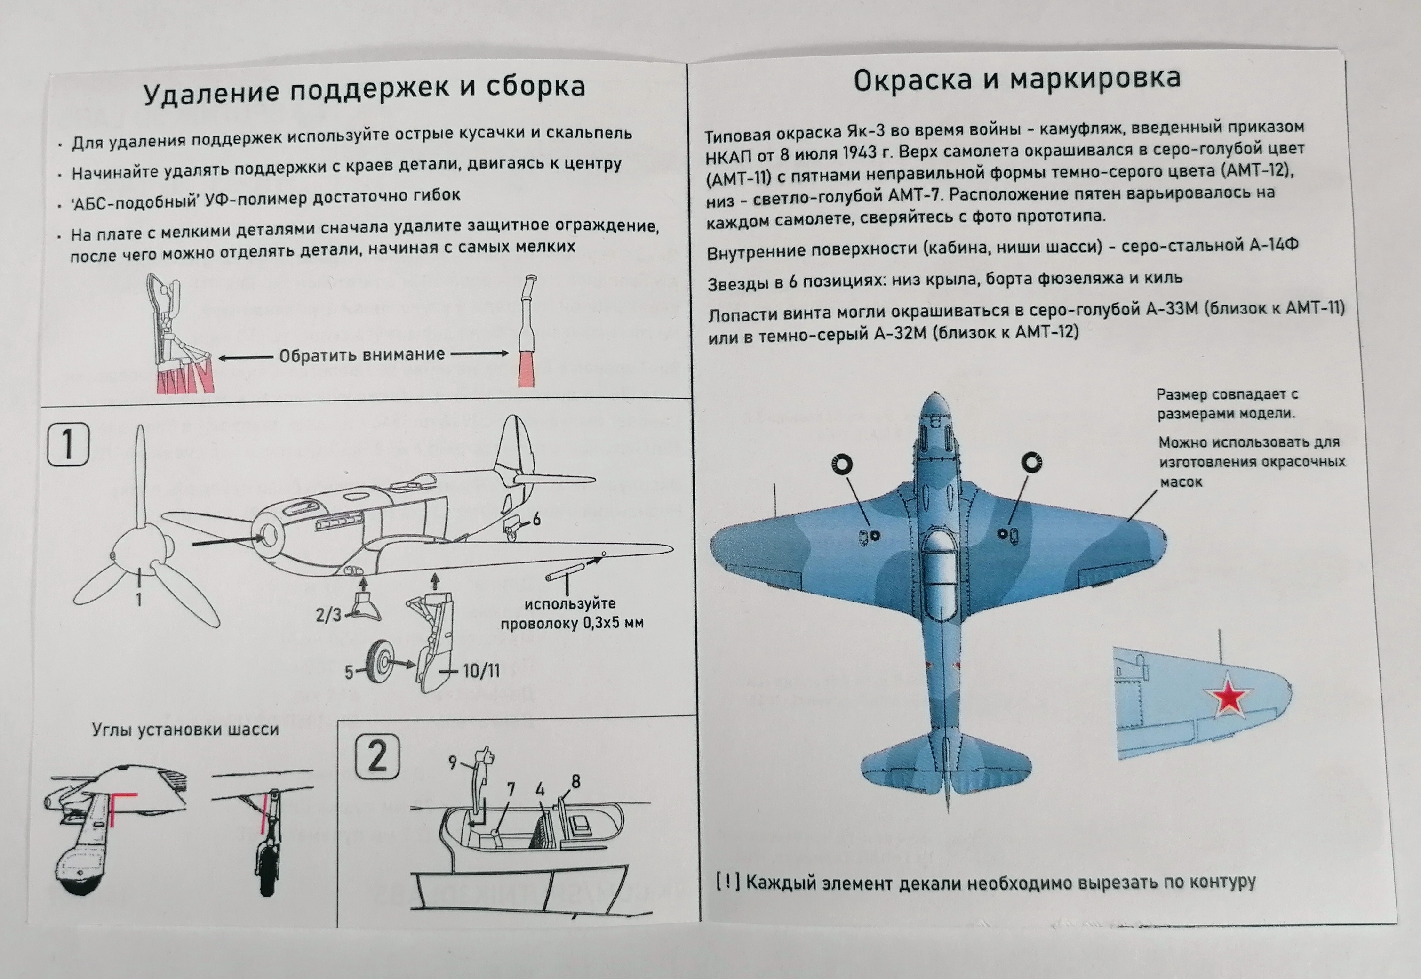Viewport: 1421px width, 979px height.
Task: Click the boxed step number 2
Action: (x=377, y=758)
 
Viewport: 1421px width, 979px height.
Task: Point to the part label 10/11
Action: (x=481, y=670)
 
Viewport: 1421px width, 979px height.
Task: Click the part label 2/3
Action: (x=329, y=615)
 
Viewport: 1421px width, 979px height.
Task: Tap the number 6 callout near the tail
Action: (x=536, y=520)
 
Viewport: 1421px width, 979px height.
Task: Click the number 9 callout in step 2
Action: (x=453, y=762)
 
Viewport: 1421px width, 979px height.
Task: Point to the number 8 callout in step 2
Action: (x=575, y=781)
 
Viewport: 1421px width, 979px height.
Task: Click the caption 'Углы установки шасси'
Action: (x=185, y=730)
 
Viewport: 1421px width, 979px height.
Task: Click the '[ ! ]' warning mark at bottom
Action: (x=728, y=882)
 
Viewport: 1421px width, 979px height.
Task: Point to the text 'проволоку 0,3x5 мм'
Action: (x=572, y=624)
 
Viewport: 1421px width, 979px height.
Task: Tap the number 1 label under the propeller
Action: (x=139, y=599)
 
